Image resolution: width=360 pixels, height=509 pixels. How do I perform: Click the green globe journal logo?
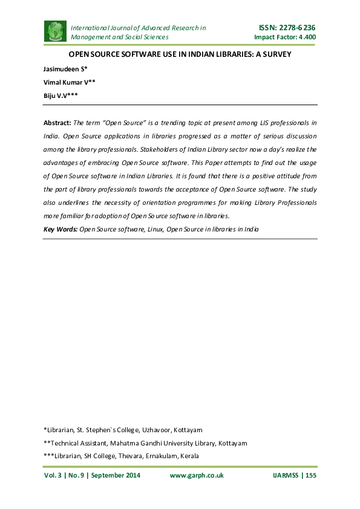56,31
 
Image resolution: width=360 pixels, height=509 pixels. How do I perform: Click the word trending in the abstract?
167,122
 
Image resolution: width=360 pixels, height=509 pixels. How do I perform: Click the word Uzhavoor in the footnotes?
155,430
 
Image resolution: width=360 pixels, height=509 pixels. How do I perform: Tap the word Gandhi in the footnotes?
144,443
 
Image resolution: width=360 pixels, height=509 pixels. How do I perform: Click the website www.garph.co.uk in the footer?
197,476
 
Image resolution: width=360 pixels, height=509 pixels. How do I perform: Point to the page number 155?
311,476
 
